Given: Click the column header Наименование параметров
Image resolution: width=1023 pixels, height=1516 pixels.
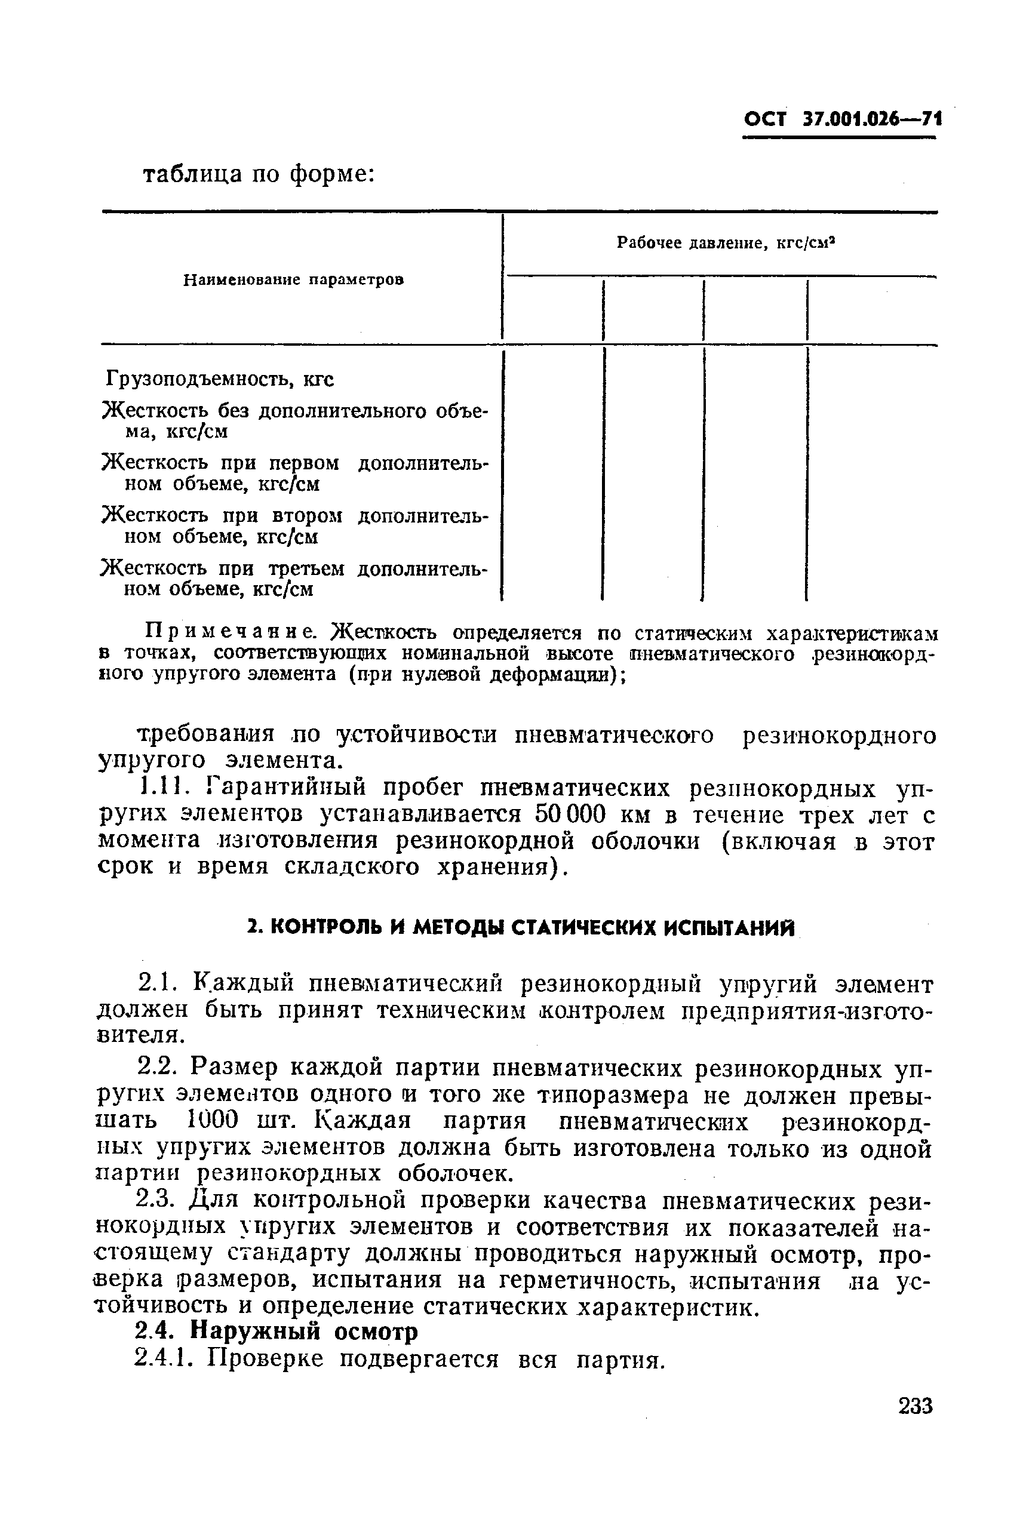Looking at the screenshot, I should [x=294, y=280].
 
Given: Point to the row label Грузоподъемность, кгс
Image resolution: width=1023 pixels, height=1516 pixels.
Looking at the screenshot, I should [x=220, y=379].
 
